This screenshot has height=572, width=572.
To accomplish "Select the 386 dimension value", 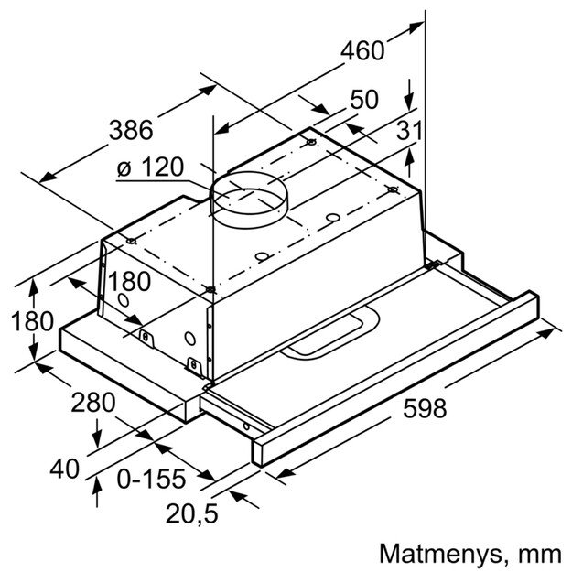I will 130,130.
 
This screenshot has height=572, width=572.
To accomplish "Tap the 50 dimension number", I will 364,100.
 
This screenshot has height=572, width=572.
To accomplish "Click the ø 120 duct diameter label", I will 151,168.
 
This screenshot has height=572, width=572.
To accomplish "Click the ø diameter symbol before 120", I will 125,168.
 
